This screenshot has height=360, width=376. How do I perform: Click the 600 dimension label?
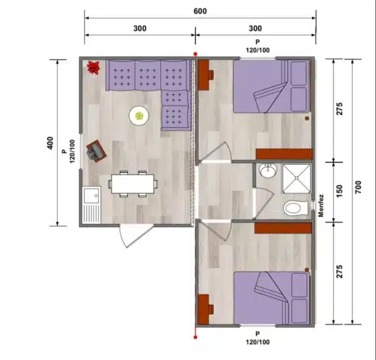(200, 11)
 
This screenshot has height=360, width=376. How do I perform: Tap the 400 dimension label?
(50, 143)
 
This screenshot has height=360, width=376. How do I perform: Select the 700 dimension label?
(358, 187)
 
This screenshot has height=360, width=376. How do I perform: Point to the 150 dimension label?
(339, 191)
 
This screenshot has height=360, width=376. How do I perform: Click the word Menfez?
(321, 206)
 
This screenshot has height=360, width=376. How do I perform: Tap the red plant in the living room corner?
(93, 68)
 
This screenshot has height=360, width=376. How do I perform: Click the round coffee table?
(139, 115)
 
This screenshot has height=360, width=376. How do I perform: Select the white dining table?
(133, 184)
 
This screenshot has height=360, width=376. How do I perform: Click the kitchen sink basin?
(91, 196)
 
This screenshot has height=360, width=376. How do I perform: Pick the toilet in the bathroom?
(295, 208)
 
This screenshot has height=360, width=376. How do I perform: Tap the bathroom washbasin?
(268, 171)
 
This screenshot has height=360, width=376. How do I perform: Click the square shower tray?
(296, 178)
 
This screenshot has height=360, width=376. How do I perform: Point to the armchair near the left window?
(97, 151)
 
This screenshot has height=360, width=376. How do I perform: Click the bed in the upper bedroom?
(271, 87)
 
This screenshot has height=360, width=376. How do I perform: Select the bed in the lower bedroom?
(271, 298)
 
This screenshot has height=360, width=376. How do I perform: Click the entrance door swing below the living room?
(136, 236)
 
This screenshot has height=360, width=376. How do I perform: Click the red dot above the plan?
(196, 54)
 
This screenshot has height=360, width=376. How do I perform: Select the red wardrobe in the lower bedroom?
(283, 228)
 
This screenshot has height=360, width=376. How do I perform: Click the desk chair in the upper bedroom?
(211, 75)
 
